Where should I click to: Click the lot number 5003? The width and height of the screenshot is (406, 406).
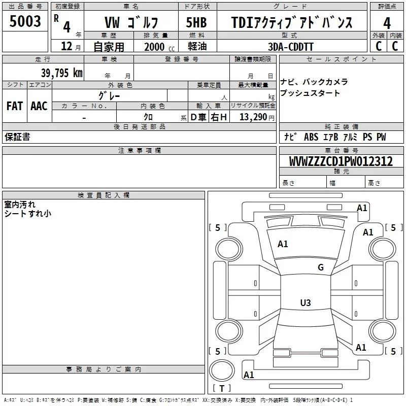[x=25, y=22]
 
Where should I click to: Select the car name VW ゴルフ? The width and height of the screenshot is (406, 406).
[x=131, y=22]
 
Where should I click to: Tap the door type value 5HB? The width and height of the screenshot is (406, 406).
[x=196, y=22]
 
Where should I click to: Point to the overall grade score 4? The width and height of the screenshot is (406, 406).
[x=387, y=23]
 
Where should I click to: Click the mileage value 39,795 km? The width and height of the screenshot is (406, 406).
[x=61, y=73]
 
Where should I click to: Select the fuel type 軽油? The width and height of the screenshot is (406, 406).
[x=196, y=47]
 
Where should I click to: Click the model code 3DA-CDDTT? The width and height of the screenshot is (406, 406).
[x=291, y=47]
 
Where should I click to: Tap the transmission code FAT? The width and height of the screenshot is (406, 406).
[x=14, y=106]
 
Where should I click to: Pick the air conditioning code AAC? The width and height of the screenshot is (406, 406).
[x=39, y=106]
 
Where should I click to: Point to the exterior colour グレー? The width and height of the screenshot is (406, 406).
[x=109, y=95]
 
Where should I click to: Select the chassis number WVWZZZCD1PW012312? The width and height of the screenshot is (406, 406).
[x=341, y=161]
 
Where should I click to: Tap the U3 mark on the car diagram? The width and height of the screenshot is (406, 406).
[x=305, y=303]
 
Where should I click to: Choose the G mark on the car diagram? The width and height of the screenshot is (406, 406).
[x=320, y=267]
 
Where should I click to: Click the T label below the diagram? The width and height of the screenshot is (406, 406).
[x=221, y=389]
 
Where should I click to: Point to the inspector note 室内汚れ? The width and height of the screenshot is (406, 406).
[x=20, y=205]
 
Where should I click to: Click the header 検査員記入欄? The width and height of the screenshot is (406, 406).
[x=104, y=195]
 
